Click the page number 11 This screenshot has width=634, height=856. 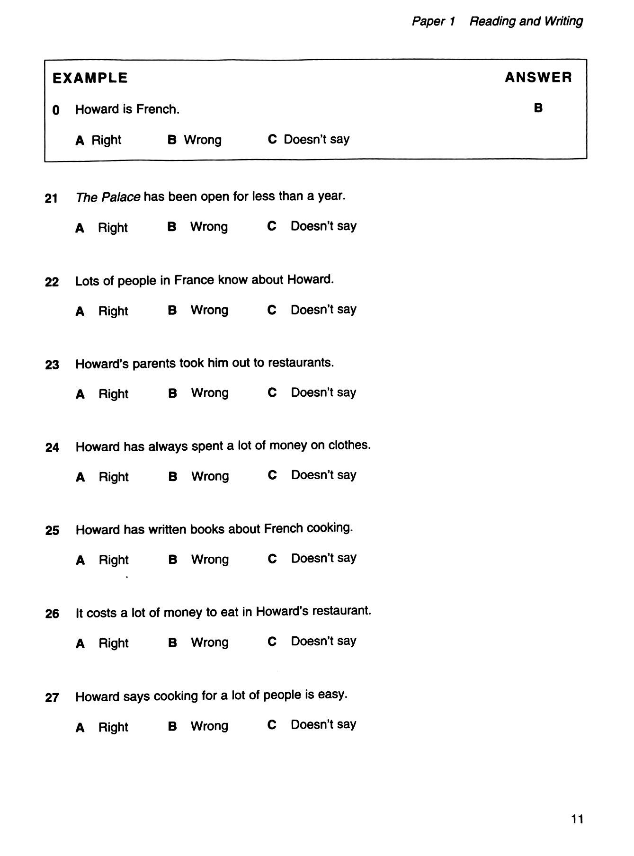(x=577, y=819)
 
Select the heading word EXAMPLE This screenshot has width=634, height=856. (x=90, y=78)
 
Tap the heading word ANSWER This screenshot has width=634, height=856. (x=538, y=77)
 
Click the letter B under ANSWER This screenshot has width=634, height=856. (x=538, y=108)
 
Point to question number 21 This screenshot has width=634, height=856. (x=51, y=198)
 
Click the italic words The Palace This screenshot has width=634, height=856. (x=108, y=197)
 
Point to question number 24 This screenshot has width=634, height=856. (x=52, y=447)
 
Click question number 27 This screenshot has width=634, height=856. (x=52, y=697)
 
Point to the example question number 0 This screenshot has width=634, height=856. (x=56, y=111)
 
